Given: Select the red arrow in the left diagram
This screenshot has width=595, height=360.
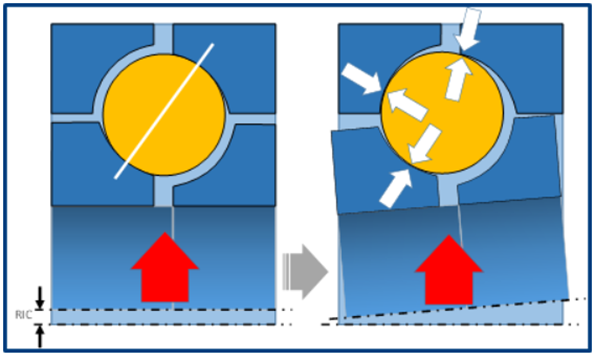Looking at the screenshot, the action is [164, 265].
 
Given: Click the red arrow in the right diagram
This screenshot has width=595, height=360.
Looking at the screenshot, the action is [448, 269].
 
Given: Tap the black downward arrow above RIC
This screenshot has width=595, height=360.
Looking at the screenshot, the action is [40, 297].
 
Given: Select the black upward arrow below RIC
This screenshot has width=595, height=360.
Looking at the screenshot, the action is [40, 335].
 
